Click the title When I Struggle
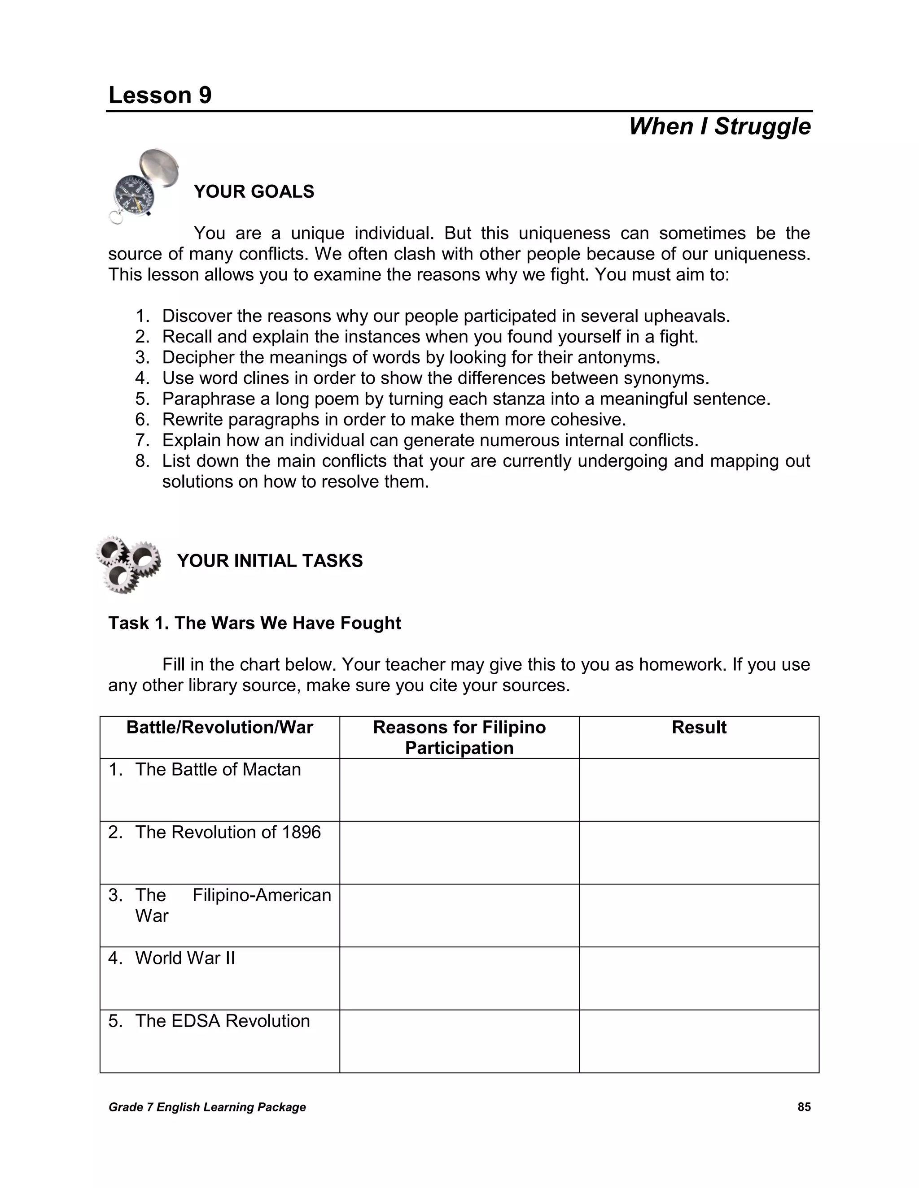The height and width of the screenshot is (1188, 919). coord(719,126)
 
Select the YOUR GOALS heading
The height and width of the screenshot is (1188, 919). coord(254,191)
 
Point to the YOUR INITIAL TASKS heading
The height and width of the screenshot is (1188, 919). coord(270,561)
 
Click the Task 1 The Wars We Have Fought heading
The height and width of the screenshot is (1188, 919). coord(254,623)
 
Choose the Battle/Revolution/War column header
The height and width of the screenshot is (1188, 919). coord(219,727)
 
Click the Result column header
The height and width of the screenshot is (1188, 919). coord(699,727)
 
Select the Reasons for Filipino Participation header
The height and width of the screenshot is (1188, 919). coord(459,737)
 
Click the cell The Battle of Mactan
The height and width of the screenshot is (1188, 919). coord(218,769)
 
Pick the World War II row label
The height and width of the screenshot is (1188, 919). coord(185,958)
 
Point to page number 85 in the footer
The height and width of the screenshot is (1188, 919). coord(804,1107)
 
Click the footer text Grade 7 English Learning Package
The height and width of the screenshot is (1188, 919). coord(207,1107)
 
